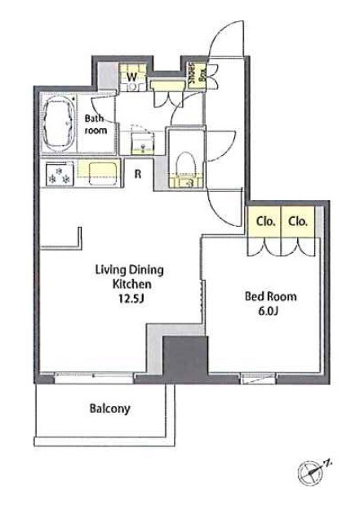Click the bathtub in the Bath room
[x=58, y=123]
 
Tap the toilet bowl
[x=185, y=163]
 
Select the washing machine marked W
[x=132, y=78]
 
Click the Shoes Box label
[x=198, y=75]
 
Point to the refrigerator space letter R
[x=138, y=175]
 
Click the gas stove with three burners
[x=59, y=175]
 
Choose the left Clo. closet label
[x=266, y=222]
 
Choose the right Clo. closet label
[x=298, y=222]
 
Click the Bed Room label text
[x=270, y=296]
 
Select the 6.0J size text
[x=268, y=311]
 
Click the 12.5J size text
[x=131, y=299]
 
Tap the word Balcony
[x=109, y=409]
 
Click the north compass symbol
[x=312, y=471]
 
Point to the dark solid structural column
[x=185, y=357]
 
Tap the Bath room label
[x=96, y=124]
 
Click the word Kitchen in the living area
[x=131, y=284]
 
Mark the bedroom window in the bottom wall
[x=257, y=379]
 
